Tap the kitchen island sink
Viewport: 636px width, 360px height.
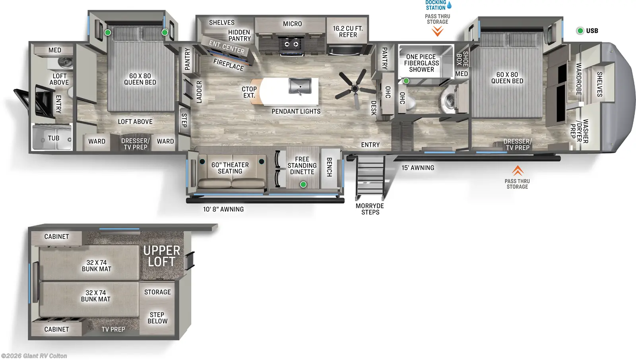click(300, 86)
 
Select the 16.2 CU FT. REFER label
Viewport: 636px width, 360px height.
click(348, 32)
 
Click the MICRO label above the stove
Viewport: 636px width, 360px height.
click(292, 24)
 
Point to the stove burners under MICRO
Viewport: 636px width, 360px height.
click(291, 44)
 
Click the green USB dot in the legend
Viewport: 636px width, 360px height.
click(580, 31)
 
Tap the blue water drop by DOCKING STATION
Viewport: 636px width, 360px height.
click(449, 5)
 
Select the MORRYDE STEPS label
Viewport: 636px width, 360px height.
click(370, 209)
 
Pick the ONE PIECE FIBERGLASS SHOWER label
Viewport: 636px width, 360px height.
click(421, 63)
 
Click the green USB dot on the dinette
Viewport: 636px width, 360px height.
click(303, 184)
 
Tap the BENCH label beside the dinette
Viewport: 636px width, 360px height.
click(329, 167)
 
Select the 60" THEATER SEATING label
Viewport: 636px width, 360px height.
click(230, 168)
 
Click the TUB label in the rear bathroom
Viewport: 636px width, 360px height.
click(54, 138)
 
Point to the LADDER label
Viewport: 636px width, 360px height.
click(199, 92)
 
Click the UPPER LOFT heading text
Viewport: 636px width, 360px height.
click(161, 256)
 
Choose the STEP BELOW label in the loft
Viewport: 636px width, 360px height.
click(157, 318)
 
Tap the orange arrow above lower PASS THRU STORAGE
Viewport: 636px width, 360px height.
click(517, 170)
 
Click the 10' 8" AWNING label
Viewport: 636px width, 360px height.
click(223, 209)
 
